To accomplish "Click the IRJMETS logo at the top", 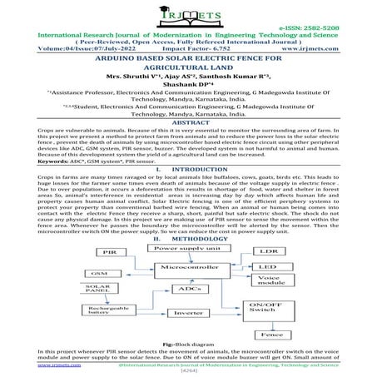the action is [x=189, y=15].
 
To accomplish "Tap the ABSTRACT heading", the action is [x=189, y=122].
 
